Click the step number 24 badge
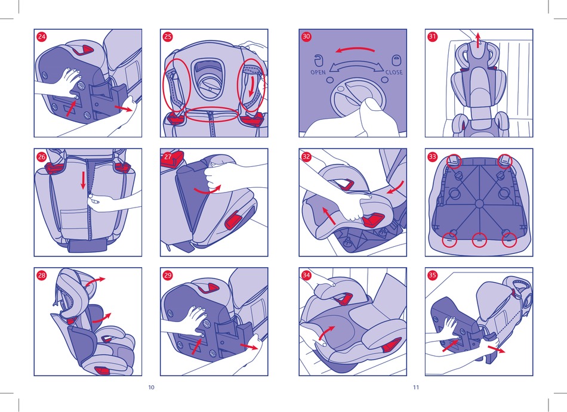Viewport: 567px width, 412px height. point(42,37)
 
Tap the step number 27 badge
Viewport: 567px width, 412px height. point(168,157)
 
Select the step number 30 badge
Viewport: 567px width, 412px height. point(306,36)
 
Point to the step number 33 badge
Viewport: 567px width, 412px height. point(433,157)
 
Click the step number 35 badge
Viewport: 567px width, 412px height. point(433,275)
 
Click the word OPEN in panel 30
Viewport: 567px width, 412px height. point(318,72)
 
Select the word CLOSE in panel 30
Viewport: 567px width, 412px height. point(394,72)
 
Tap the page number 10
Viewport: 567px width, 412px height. point(151,388)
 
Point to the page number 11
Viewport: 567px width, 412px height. point(416,388)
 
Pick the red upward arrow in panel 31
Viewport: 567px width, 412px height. point(478,40)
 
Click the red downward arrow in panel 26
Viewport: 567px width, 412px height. point(83,181)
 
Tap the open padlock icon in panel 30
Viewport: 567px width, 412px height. point(318,60)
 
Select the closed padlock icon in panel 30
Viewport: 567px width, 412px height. point(396,60)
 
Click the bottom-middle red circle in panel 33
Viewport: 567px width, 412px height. point(479,240)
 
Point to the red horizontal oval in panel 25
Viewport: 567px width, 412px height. point(211,114)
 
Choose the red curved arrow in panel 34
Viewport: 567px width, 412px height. point(327,332)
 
